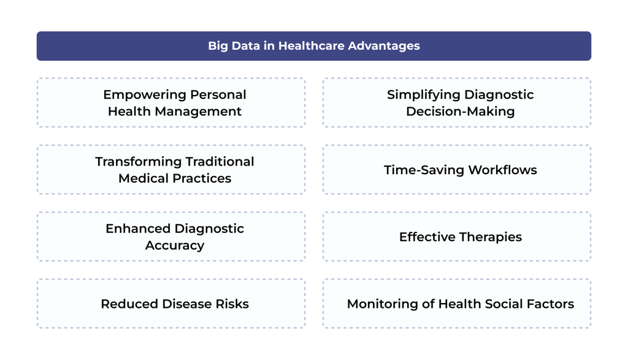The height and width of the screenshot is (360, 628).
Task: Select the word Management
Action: click(198, 112)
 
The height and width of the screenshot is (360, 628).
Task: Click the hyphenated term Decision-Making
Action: click(461, 112)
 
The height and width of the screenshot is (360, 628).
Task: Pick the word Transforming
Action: click(138, 162)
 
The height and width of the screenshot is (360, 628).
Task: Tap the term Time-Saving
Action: click(424, 170)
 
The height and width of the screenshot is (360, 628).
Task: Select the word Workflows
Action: click(503, 170)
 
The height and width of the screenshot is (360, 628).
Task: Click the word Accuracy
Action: click(175, 246)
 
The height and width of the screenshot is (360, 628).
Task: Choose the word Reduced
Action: click(129, 304)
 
